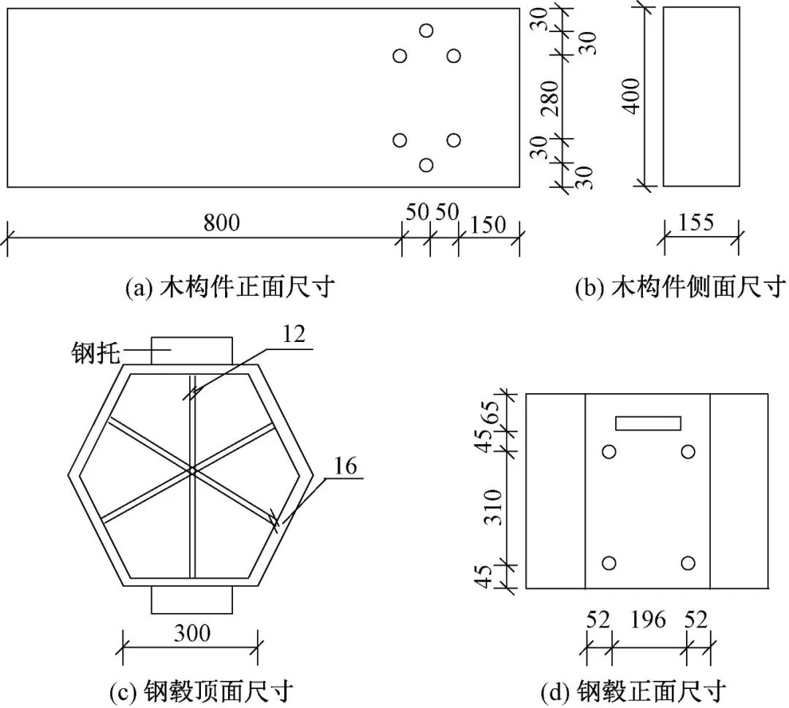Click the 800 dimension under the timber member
click(221, 222)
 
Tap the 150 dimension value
click(488, 225)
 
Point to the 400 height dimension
click(630, 96)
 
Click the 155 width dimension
click(696, 222)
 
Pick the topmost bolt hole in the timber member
click(426, 31)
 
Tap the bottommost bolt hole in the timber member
click(426, 165)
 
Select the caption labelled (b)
click(680, 288)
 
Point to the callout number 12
click(294, 334)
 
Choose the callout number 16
click(345, 466)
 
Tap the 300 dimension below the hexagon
click(192, 633)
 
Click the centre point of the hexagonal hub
click(191, 471)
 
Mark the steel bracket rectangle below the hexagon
click(192, 600)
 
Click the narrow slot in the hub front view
click(648, 423)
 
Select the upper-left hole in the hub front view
click(609, 452)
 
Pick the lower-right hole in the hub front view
click(688, 563)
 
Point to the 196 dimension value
click(648, 620)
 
